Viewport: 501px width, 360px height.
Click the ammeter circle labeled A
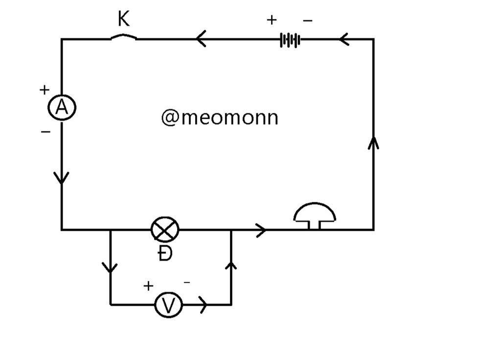click(x=62, y=108)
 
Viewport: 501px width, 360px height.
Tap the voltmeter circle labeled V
click(x=169, y=305)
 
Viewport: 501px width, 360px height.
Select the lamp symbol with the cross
click(x=165, y=229)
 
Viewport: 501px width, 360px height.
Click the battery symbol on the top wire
click(x=290, y=40)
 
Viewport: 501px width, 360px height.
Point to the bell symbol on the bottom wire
click(x=315, y=215)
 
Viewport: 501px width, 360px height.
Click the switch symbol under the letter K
click(x=124, y=37)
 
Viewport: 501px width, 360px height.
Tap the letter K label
click(x=124, y=20)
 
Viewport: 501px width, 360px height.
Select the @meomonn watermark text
click(x=220, y=117)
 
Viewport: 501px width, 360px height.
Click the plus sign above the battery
click(x=272, y=20)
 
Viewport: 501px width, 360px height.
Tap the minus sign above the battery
click(x=308, y=21)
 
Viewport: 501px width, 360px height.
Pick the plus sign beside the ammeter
click(x=45, y=90)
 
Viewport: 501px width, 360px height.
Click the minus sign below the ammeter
click(x=46, y=132)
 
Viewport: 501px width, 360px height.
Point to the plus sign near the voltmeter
click(x=148, y=286)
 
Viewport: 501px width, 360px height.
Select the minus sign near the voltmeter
click(x=187, y=282)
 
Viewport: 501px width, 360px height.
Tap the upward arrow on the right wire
click(x=374, y=143)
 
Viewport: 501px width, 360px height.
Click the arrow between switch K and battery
click(x=201, y=39)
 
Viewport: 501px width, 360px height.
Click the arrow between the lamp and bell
click(x=261, y=229)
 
